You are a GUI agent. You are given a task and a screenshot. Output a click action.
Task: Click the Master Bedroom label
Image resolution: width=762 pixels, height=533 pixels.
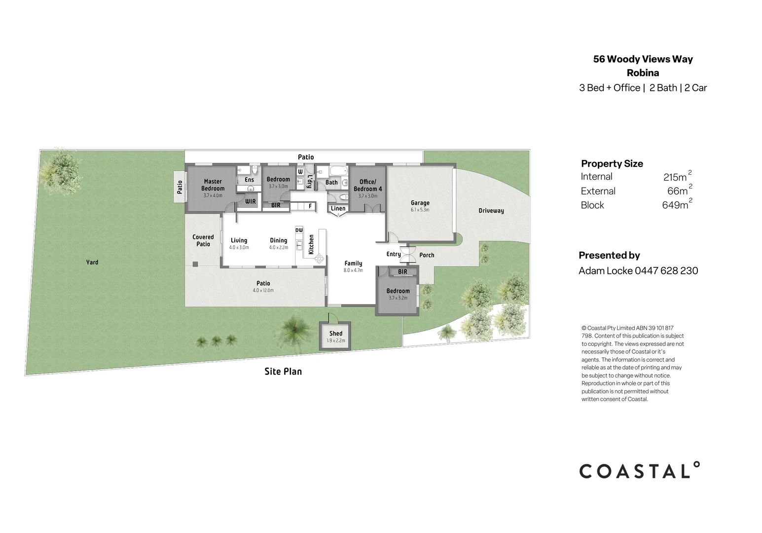(x=213, y=185)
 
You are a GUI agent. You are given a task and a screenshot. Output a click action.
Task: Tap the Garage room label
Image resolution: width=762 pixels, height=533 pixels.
(x=420, y=203)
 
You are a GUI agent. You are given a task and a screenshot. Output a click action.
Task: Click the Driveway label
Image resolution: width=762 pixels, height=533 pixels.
(x=491, y=211)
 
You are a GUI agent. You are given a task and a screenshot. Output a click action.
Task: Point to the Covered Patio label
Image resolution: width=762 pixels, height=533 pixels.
(x=203, y=240)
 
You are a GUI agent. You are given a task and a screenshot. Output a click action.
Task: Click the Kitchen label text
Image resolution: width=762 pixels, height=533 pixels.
(x=311, y=244)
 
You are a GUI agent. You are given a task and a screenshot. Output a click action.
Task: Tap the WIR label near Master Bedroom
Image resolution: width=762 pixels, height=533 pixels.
(x=251, y=201)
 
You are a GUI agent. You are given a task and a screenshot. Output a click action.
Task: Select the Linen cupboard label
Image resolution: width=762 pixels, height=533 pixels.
(x=338, y=208)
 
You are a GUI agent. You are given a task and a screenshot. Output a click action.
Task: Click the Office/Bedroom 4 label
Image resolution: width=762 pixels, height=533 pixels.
(x=368, y=185)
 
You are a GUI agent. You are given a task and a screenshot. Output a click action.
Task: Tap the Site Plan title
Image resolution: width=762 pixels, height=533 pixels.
(x=283, y=372)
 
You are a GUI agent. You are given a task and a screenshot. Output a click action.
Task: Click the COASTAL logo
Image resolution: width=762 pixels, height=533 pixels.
(x=639, y=471)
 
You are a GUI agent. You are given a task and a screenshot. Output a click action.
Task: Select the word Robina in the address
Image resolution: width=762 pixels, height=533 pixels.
(x=643, y=73)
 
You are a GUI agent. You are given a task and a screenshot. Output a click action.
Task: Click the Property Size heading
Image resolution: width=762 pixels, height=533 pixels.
(x=612, y=164)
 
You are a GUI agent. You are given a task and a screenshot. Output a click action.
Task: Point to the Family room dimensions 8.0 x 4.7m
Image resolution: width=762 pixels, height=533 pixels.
(x=353, y=270)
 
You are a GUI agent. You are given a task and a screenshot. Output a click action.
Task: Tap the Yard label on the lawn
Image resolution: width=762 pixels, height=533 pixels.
(x=92, y=262)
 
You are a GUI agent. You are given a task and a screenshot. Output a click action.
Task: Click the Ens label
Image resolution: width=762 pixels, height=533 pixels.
(x=250, y=180)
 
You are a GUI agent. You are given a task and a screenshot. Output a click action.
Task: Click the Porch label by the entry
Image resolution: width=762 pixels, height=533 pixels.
(x=427, y=255)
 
